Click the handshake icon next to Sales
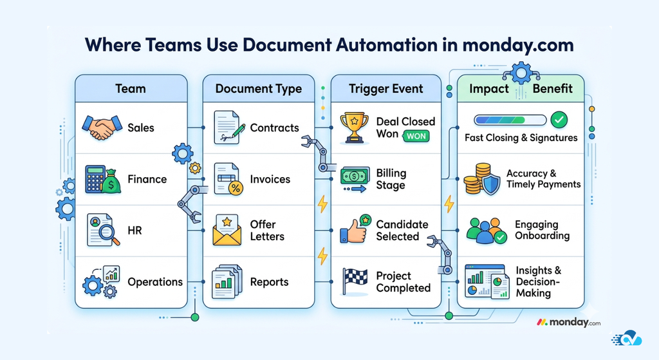coord(102,128)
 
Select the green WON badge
coord(416,136)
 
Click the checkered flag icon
coord(355,281)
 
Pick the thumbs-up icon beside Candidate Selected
coord(355,230)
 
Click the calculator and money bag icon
coord(102,179)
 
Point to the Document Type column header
coord(258,89)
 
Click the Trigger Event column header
coord(386,89)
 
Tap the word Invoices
coord(270,179)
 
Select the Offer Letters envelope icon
coord(227,231)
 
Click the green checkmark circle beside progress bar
coord(559,119)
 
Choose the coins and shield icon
coord(481,179)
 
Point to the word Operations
coord(155,281)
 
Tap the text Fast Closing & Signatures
coord(521,137)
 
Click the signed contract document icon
coord(228,128)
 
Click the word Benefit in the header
coord(552,88)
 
